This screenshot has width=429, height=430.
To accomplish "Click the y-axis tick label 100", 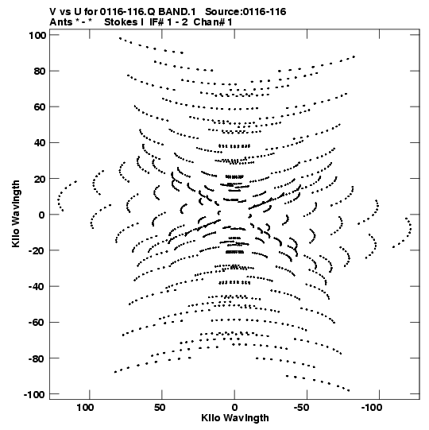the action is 37,36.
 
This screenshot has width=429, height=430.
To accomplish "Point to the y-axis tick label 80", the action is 41,72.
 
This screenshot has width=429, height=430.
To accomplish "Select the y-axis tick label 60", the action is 41,107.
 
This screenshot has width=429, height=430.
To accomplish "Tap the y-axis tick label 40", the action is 41,143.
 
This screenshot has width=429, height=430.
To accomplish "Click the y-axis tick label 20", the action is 41,179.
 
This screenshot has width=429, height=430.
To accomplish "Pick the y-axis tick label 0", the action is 42,215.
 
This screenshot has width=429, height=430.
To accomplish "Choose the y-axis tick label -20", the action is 37,251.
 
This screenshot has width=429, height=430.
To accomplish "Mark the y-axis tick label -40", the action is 37,287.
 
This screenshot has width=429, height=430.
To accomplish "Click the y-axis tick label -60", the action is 37,323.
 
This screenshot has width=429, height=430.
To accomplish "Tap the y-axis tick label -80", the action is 37,358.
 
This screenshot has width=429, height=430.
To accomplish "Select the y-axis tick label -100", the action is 34,395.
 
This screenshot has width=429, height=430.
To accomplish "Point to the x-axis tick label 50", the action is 160,408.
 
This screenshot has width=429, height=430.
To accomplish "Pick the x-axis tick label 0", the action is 234,408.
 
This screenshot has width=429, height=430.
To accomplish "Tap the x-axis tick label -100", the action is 372,408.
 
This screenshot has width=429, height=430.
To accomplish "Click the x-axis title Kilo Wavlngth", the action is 235,418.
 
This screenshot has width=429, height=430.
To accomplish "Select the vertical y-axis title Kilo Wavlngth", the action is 16,214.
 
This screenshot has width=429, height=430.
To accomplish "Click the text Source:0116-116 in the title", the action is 245,12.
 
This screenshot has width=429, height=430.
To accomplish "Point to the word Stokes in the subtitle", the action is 122,22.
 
